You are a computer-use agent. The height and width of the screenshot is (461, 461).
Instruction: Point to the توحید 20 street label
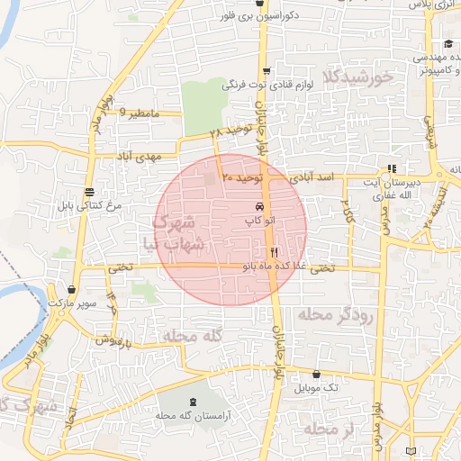click(x=242, y=179)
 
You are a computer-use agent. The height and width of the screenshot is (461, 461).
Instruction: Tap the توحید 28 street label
click(x=227, y=131)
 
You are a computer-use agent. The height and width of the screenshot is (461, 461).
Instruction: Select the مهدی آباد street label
click(x=136, y=157)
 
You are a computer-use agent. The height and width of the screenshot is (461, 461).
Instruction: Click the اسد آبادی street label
click(x=314, y=178)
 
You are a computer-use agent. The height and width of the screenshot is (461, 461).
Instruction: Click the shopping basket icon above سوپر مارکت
click(x=71, y=289)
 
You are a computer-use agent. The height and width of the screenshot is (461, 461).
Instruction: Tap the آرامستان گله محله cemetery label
click(x=188, y=416)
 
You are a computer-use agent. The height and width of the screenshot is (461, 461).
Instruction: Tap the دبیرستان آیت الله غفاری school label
click(x=394, y=189)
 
